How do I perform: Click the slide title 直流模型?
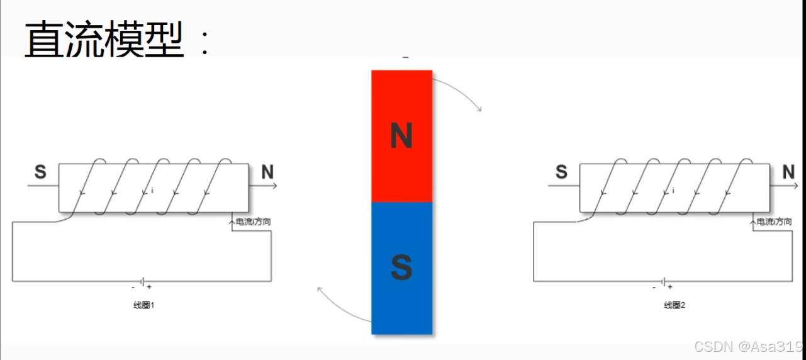coord(104,39)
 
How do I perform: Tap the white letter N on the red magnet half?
coord(401,136)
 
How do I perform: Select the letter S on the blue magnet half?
coord(401,268)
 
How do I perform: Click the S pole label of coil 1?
coord(40,172)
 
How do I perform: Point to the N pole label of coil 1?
coord(267,172)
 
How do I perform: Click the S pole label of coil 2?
coord(562,172)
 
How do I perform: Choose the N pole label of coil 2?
coord(788,172)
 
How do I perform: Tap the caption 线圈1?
coord(144,306)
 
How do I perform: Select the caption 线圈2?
coord(674,306)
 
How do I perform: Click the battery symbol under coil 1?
coord(143,281)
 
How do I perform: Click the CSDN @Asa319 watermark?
coord(748,347)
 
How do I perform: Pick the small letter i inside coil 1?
coord(152,189)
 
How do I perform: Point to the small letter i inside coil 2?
coord(674,189)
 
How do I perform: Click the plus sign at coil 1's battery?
coord(149,288)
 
